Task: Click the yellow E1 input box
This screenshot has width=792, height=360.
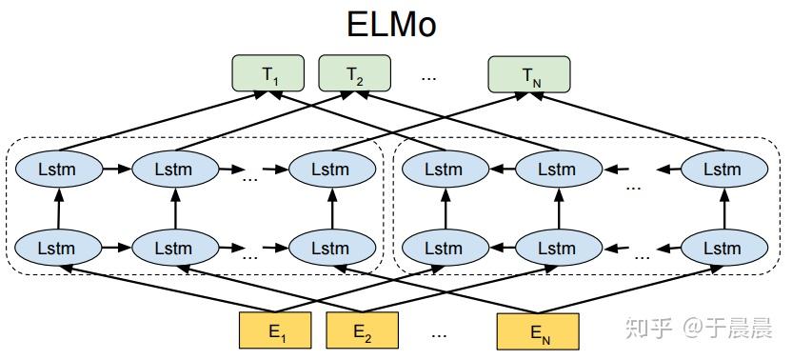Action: pos(276,332)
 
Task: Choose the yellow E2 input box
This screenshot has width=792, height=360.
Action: pos(361,332)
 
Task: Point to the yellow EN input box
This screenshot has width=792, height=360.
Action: pos(537,332)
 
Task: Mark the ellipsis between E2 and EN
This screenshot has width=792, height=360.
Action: pos(439,334)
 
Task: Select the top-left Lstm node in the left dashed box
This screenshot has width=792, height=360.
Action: pos(59,170)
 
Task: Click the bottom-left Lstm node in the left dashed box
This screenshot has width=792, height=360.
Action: pos(59,248)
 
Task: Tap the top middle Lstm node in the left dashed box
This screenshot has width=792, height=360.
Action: pos(176,170)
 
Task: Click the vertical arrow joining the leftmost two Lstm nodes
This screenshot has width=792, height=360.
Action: pos(59,209)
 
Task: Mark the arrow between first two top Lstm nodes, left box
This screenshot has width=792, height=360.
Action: pos(117,170)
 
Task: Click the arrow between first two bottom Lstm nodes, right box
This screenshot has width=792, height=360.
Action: pos(501,248)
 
